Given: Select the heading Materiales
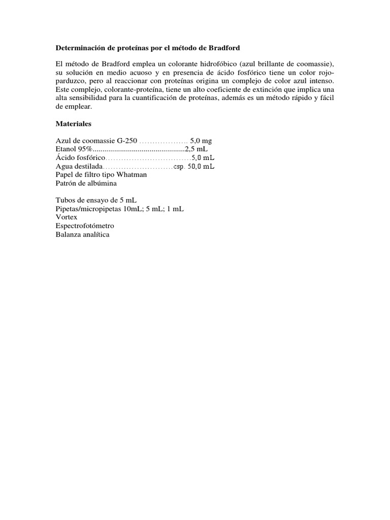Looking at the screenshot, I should (74, 123).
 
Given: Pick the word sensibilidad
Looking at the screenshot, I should (88, 98).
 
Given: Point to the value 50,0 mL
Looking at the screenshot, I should (201, 166).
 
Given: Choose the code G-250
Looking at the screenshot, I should (127, 140).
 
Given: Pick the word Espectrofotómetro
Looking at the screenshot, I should (85, 225).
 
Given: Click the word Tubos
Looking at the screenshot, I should (66, 200).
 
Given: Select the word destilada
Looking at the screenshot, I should (88, 166).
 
